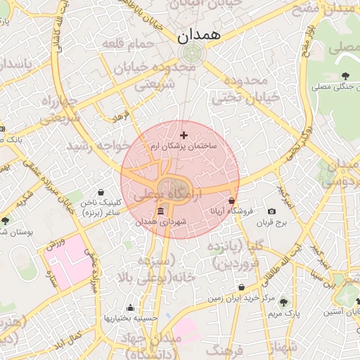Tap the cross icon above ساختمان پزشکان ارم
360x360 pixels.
click(x=184, y=135)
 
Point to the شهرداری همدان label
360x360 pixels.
click(x=162, y=222)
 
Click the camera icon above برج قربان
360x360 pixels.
click(x=272, y=212)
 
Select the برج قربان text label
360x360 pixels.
click(x=272, y=223)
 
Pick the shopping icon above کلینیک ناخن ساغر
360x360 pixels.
click(x=101, y=192)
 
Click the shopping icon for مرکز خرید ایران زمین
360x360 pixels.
click(x=242, y=288)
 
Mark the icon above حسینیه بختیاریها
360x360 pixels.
click(x=130, y=307)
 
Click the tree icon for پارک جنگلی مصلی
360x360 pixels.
click(x=345, y=76)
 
